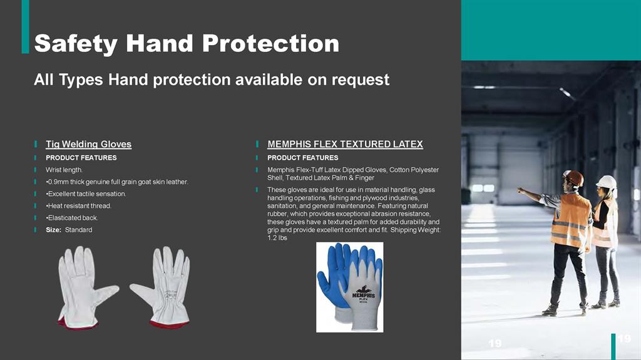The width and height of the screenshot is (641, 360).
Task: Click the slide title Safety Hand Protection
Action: pyautogui.click(x=187, y=43)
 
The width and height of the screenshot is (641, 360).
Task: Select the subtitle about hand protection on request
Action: pyautogui.click(x=212, y=80)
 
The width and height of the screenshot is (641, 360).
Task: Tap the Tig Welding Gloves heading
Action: pyautogui.click(x=88, y=144)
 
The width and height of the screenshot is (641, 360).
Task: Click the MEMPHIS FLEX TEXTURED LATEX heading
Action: pyautogui.click(x=345, y=144)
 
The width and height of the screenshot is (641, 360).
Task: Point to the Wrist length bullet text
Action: pyautogui.click(x=64, y=170)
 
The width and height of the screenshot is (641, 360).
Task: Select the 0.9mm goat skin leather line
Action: pyautogui.click(x=117, y=182)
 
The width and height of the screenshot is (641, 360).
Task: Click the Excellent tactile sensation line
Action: pyautogui.click(x=86, y=193)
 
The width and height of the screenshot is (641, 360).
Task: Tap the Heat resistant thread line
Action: pyautogui.click(x=78, y=206)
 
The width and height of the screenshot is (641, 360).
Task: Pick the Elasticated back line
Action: pyautogui.click(x=72, y=218)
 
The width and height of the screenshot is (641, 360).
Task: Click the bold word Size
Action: pyautogui.click(x=53, y=230)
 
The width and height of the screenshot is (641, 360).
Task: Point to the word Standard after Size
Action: pyautogui.click(x=78, y=230)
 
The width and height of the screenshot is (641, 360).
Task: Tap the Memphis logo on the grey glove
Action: pyautogui.click(x=364, y=293)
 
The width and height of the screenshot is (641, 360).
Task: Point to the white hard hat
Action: pyautogui.click(x=606, y=182)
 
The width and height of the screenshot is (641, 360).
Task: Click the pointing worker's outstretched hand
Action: pyautogui.click(x=520, y=190)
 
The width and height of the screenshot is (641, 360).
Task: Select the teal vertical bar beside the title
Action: pyautogui.click(x=25, y=26)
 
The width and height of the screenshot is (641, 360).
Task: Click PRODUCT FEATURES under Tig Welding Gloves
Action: pyautogui.click(x=81, y=158)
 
